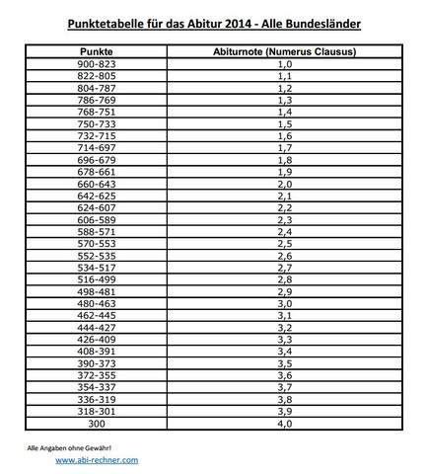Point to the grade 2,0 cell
coord(285,184)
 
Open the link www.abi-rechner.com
coord(97,460)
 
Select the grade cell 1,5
coord(285,122)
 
